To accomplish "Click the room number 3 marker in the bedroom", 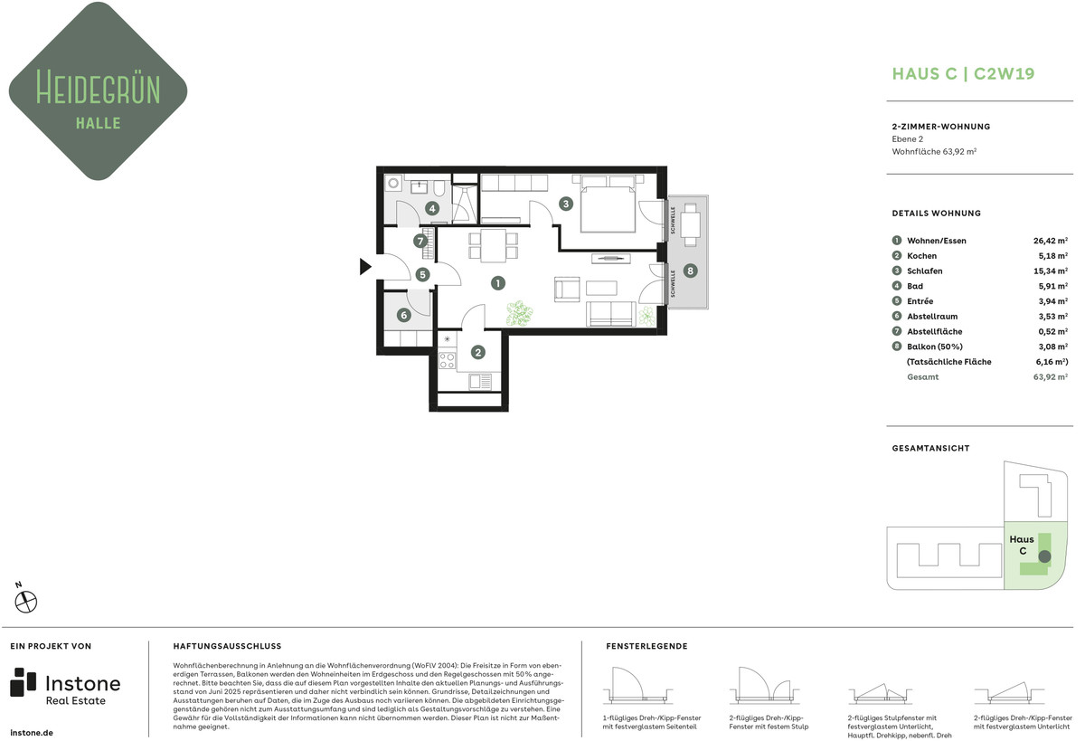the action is [x=566, y=204].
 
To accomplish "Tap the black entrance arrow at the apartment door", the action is [x=365, y=267].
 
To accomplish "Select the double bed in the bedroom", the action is [x=608, y=204].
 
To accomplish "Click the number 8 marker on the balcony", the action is [x=690, y=271].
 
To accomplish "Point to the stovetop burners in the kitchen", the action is [x=447, y=361].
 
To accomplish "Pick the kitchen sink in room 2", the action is [x=479, y=382].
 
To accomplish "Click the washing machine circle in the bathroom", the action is [x=393, y=183].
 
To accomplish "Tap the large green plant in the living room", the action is [x=519, y=313].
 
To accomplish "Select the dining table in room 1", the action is [x=493, y=246].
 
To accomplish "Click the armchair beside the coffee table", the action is [x=567, y=290].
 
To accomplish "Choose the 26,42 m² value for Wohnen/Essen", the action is [x=1050, y=241].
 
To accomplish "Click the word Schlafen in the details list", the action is [x=925, y=271].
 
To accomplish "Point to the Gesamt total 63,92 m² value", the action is [x=1050, y=377].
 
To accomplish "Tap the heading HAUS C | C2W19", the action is [x=963, y=73].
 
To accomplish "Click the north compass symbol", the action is [x=25, y=602].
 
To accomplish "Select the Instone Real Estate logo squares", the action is [x=23, y=682].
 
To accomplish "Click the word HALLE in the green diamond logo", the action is [x=99, y=123].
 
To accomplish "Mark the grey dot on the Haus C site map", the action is [x=1044, y=556].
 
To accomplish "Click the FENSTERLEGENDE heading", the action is [x=646, y=646].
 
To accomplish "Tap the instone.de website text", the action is [x=32, y=733].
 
